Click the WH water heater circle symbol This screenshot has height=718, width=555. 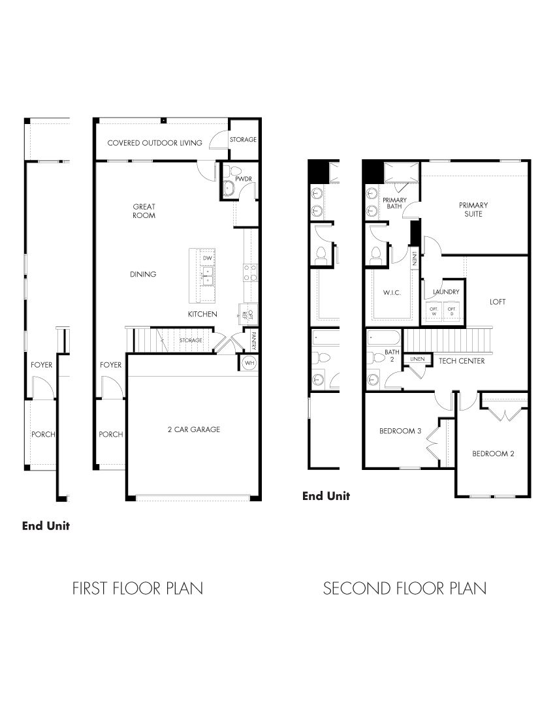click(249, 362)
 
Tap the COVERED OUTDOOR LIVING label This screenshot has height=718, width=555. click(155, 143)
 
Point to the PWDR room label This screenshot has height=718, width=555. click(234, 178)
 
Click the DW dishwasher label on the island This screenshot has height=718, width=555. click(208, 258)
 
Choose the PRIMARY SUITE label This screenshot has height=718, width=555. click(473, 210)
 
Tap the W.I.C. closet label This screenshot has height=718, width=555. click(391, 293)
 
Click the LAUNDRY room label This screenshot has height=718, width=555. click(445, 292)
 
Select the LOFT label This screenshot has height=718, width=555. click(498, 302)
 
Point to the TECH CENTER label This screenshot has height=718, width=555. click(461, 361)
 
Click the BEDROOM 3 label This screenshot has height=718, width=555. click(400, 431)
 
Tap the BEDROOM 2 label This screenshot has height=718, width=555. click(494, 454)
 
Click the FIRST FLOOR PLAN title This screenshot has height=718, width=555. click(137, 589)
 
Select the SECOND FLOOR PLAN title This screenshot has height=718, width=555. click(404, 589)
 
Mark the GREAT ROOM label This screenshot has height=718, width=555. click(144, 211)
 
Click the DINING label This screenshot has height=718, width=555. click(143, 274)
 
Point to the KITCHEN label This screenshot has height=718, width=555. click(202, 315)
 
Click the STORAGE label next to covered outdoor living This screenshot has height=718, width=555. click(243, 140)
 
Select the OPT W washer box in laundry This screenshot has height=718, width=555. click(433, 311)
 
